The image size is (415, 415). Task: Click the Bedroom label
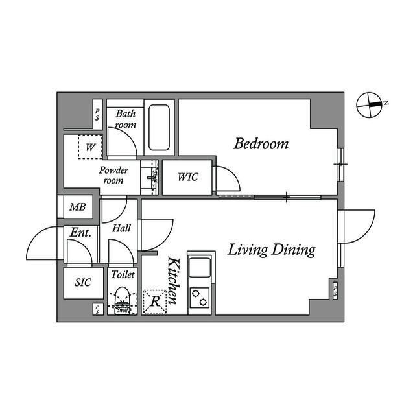(261, 144)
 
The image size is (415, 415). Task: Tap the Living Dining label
(271, 250)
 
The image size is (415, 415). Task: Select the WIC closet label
(188, 177)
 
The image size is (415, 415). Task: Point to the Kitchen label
(174, 281)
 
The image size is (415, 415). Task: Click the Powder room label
(113, 175)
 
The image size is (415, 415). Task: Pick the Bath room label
(126, 119)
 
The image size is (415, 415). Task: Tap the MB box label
(78, 207)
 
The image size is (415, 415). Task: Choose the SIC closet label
(83, 283)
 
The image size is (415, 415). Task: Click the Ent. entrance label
(80, 231)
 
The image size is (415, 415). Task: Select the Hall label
(121, 228)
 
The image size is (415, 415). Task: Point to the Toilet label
(123, 274)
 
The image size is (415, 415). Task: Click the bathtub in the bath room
(159, 127)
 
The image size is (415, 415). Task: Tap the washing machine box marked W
(91, 147)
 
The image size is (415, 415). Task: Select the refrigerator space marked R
(155, 302)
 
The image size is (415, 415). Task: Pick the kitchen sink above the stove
(200, 267)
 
